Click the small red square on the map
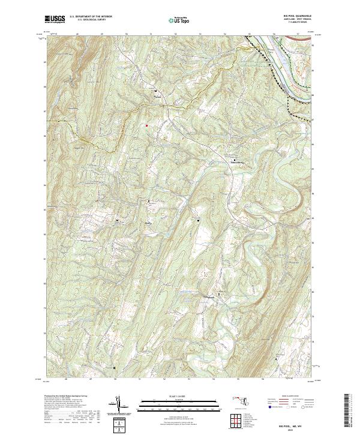(145, 125)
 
